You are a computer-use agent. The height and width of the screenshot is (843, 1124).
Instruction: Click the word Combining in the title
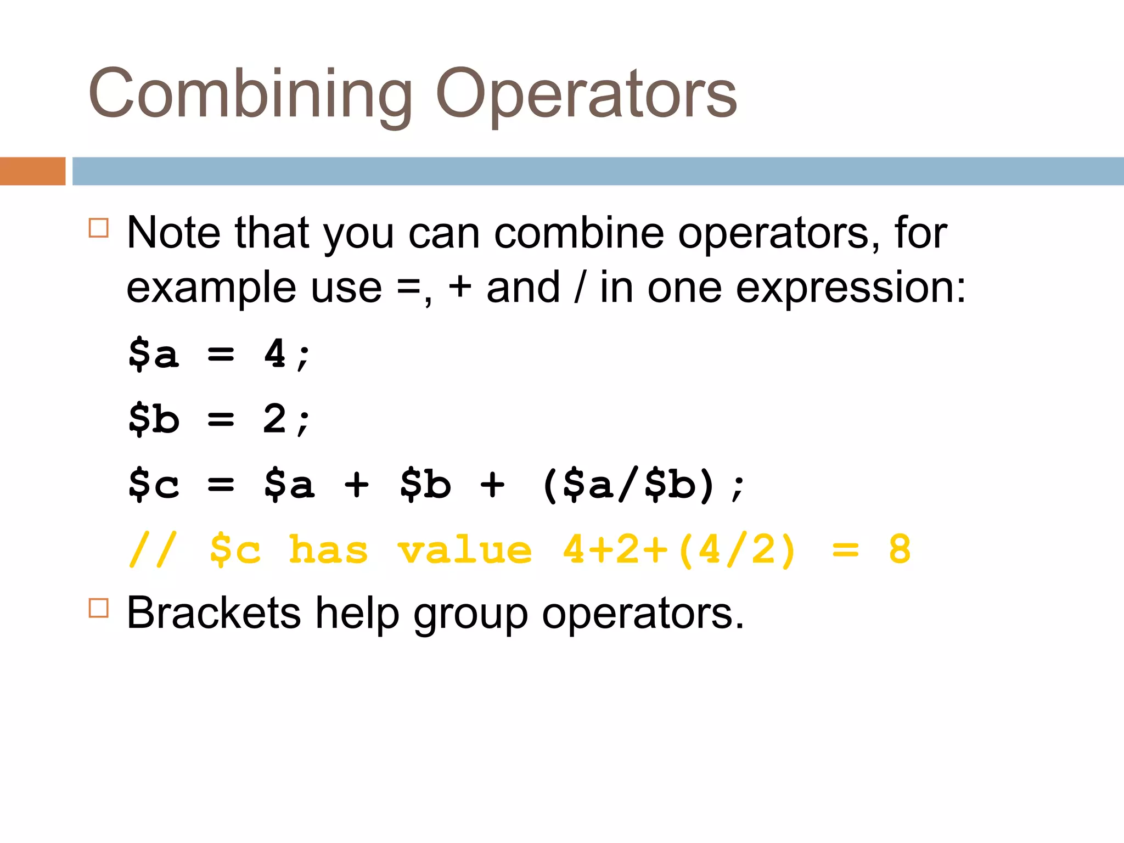click(x=250, y=93)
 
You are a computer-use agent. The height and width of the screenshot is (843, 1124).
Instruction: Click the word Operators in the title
click(x=586, y=94)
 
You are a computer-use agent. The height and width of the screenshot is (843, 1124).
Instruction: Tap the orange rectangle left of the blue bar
click(x=32, y=171)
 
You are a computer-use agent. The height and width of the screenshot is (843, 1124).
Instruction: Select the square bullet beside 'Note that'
click(x=98, y=228)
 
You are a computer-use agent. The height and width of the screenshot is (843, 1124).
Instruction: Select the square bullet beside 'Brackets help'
click(x=98, y=608)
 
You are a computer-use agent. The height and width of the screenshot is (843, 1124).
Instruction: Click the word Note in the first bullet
click(x=173, y=233)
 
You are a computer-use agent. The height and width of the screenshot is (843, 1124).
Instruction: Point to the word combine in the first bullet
click(x=579, y=233)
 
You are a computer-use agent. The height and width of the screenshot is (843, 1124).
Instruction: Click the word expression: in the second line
click(x=850, y=288)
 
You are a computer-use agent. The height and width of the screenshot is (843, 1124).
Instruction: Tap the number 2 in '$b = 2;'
click(x=274, y=418)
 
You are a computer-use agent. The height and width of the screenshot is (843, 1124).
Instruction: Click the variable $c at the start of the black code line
click(x=154, y=484)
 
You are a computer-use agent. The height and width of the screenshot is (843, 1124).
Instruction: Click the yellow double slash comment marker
click(x=153, y=549)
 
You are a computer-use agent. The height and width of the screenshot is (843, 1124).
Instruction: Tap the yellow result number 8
click(x=900, y=549)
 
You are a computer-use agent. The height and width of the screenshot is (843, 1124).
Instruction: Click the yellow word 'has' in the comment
click(x=328, y=549)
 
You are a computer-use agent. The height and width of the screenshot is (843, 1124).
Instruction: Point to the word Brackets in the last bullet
click(x=213, y=613)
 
